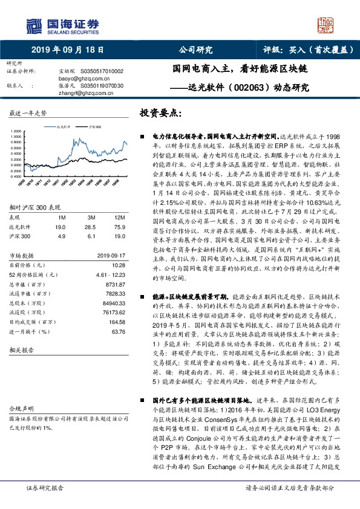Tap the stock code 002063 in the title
click(x=248, y=87)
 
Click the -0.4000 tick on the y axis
click(x=19, y=161)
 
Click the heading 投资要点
click(x=160, y=113)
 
